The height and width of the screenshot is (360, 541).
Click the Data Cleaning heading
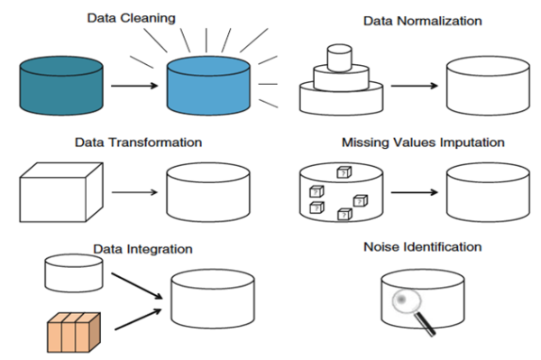pos(130,17)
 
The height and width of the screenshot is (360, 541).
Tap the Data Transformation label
pos(138,143)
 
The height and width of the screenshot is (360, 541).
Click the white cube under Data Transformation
pos(57,191)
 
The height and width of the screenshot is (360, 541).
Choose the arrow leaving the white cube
pos(133,194)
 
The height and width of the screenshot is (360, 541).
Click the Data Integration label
pos(142,248)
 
